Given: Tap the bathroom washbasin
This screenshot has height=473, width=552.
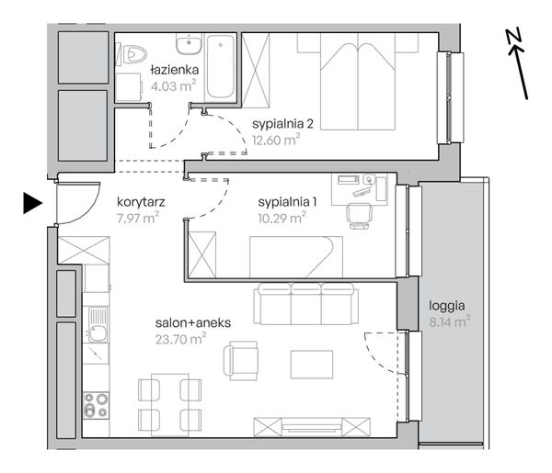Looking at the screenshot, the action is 189,44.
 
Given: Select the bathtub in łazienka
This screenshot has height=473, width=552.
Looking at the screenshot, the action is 221,67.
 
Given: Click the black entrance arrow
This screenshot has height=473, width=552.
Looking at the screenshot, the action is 33,203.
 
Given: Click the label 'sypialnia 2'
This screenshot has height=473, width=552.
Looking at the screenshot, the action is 282,124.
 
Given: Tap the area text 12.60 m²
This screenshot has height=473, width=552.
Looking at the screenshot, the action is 276,140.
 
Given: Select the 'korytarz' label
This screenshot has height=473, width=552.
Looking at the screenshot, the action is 141,202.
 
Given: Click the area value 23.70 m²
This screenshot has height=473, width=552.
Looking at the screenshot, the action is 180,339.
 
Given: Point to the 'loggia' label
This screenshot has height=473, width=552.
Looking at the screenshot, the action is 447,306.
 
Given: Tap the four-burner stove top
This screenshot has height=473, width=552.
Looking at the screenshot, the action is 96,405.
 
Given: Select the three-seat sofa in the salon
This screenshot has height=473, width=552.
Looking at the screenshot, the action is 306,304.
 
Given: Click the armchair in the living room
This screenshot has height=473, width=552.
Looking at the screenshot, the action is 241,360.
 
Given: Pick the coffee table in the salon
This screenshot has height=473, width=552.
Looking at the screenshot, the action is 312,365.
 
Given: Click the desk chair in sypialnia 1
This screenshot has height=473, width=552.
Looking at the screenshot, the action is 359,216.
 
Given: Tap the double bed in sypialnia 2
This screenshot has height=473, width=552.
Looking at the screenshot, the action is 358,82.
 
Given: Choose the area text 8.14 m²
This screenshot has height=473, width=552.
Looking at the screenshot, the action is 450,321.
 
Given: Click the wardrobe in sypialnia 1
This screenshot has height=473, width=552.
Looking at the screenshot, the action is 202,254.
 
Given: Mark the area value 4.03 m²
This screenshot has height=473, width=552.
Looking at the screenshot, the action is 173,85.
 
